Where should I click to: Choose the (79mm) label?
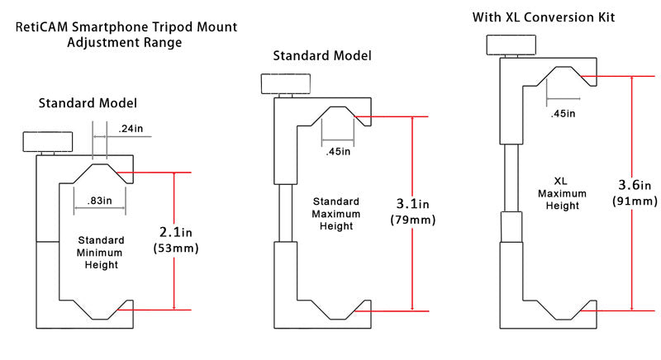[x=413, y=220]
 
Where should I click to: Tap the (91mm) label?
[x=635, y=200]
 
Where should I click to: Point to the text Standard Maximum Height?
[x=336, y=214]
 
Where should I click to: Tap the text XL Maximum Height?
[x=559, y=192]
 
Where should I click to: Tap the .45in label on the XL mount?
[x=564, y=113]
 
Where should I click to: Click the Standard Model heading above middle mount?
[x=322, y=56]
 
